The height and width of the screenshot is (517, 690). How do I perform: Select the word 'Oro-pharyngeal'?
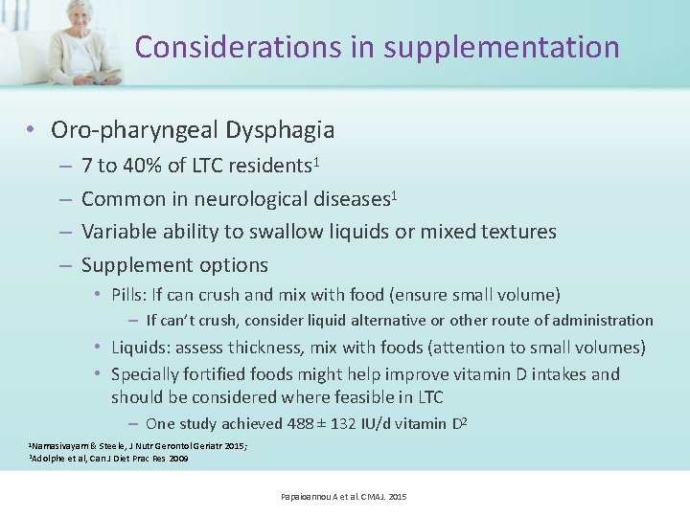click(x=134, y=130)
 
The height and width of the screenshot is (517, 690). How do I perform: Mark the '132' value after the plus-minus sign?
click(x=340, y=423)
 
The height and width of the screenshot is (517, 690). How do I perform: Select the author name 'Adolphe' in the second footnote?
click(x=48, y=459)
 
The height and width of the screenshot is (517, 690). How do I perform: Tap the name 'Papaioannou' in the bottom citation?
click(x=305, y=497)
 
